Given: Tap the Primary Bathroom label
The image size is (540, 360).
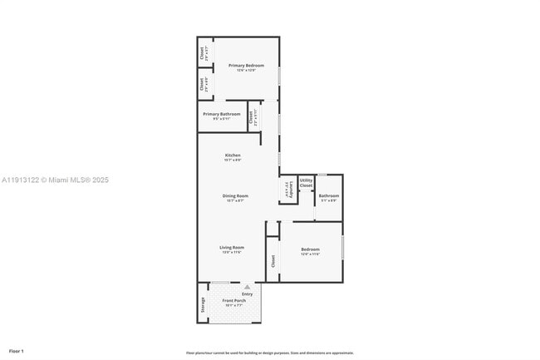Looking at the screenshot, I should (222, 114).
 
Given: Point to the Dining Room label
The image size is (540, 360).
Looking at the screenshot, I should (235, 196).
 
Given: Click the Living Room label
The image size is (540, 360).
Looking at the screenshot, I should (232, 248).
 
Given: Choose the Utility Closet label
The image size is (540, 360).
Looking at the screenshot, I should (306, 182).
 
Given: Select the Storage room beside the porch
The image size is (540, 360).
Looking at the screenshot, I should (202, 305).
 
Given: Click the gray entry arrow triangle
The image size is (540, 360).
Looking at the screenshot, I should (246, 287).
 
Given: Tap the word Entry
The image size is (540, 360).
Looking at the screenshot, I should (247, 294).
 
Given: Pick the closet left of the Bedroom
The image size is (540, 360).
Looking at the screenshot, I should (272, 261).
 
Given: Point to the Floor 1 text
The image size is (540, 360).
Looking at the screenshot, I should (17, 351).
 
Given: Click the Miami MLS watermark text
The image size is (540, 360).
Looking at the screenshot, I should (55, 180).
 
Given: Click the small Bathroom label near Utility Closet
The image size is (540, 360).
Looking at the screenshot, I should (328, 196).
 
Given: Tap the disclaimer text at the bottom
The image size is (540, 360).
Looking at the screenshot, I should (269, 353).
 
